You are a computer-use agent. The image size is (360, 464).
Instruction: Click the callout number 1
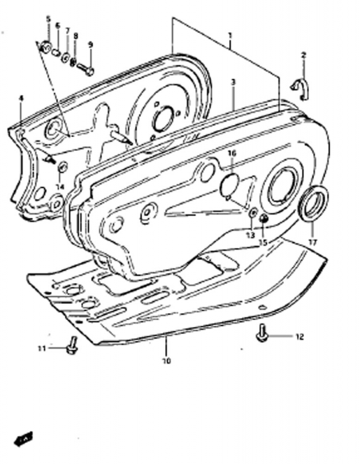(230, 35)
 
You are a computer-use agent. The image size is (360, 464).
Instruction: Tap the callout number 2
(303, 55)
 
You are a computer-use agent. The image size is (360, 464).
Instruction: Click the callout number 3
(233, 82)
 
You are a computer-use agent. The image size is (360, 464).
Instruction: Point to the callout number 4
(21, 98)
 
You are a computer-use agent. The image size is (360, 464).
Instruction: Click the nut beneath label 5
(45, 46)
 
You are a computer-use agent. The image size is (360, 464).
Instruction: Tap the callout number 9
(90, 44)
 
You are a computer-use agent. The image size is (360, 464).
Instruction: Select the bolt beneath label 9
(86, 70)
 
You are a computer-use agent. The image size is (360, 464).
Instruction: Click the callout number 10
(166, 361)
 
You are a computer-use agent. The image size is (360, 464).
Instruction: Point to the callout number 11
(42, 348)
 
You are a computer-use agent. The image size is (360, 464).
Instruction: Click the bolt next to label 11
(72, 346)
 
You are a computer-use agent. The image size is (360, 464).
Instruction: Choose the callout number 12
(299, 336)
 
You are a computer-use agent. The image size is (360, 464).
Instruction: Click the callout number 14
(60, 186)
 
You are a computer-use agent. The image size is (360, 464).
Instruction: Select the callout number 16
(232, 153)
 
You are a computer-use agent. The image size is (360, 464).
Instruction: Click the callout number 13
(250, 235)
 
